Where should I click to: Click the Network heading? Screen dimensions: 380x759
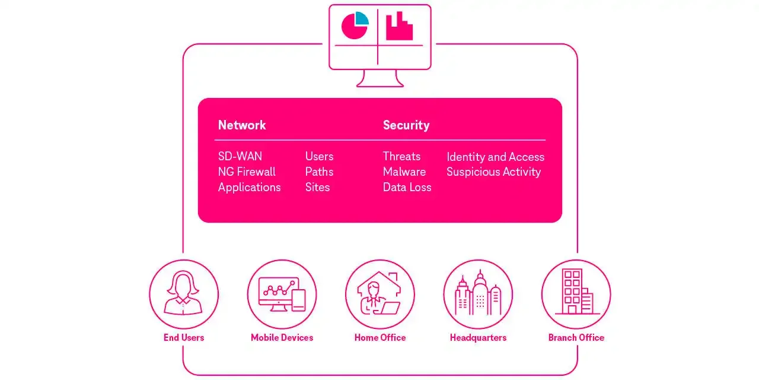click(242, 125)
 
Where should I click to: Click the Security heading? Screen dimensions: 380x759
click(406, 125)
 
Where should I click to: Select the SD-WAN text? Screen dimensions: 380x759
click(240, 156)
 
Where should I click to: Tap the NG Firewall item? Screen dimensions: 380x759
click(247, 172)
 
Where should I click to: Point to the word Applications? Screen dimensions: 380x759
click(249, 187)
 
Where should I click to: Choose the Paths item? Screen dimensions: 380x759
click(319, 172)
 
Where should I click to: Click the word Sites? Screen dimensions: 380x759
click(317, 187)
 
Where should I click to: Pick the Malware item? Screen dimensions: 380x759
click(404, 172)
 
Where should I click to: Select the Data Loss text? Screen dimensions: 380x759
click(407, 187)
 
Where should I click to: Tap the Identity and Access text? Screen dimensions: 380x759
click(495, 157)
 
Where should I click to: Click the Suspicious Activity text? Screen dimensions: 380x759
click(493, 172)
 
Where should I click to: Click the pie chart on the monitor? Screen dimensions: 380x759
click(355, 26)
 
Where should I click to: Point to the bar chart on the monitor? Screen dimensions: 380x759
click(399, 27)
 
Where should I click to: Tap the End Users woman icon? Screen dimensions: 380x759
click(184, 294)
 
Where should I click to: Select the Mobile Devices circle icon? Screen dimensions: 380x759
click(282, 294)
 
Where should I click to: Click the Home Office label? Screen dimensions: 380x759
click(380, 337)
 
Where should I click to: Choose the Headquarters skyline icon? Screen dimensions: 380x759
click(478, 294)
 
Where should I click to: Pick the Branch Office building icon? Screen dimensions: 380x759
click(576, 294)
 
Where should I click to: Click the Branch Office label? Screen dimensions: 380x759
click(576, 337)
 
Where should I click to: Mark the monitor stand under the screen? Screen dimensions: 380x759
click(380, 78)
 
